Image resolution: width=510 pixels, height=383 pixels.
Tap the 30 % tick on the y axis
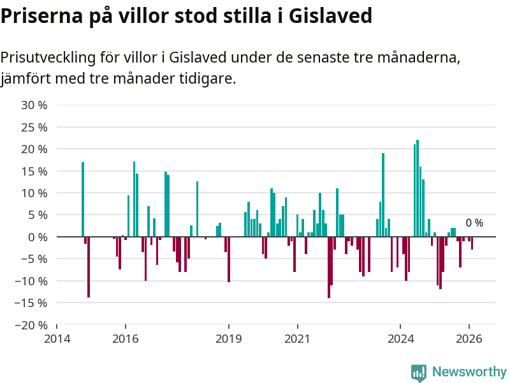(x=35, y=105)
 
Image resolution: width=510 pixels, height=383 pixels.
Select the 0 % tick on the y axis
(x=38, y=237)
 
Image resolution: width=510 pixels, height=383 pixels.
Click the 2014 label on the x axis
(x=57, y=338)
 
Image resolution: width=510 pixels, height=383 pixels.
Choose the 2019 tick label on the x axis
(x=229, y=338)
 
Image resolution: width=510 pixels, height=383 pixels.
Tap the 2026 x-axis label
(x=469, y=338)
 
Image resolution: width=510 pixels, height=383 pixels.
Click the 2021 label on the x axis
(x=298, y=338)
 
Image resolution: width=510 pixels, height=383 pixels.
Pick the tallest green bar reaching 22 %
(x=418, y=188)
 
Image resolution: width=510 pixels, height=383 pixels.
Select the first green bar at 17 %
(x=83, y=199)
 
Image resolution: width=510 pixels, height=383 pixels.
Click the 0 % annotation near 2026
(x=474, y=223)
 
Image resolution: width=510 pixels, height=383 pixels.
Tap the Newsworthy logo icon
(x=419, y=373)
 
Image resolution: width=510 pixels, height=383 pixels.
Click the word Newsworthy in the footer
(x=469, y=372)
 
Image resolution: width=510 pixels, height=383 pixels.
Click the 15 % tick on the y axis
(x=35, y=171)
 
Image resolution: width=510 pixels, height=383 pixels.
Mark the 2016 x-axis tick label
(x=126, y=338)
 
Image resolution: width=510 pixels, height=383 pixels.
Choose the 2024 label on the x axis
(x=401, y=338)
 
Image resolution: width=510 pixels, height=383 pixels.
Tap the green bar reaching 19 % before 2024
(x=383, y=195)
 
